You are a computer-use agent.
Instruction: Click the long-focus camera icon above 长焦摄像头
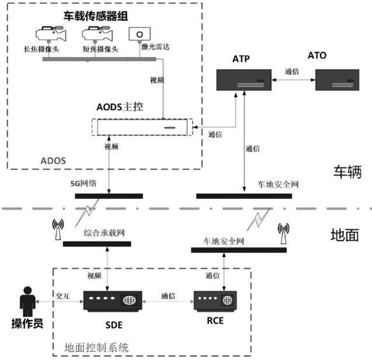pos(51,34)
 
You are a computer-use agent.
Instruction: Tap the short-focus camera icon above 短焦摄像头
pos(98,34)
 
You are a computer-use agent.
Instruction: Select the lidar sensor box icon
pos(140,34)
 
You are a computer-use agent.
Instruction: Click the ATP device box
pos(244,80)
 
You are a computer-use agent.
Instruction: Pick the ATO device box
pos(337,80)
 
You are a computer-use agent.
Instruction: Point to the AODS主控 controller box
pos(142,127)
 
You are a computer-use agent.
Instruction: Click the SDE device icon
pos(113,301)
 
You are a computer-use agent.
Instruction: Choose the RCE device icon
pos(215,300)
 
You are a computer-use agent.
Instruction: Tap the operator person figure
pos(27,302)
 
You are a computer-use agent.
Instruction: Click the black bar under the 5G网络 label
pos(109,196)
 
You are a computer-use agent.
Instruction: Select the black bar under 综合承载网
pos(97,244)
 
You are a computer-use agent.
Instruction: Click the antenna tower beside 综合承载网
pos(58,229)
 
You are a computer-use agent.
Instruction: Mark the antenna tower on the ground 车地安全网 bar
pos(283,233)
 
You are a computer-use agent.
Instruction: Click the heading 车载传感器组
pos(96,16)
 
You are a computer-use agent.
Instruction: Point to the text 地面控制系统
pos(96,348)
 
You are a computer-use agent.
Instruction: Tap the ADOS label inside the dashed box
pos(53,161)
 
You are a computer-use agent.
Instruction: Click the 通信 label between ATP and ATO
pos(292,71)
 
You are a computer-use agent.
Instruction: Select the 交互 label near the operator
pos(62,296)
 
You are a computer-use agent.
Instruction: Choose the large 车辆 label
pos(347,172)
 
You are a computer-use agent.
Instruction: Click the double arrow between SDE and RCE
pos(168,302)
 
